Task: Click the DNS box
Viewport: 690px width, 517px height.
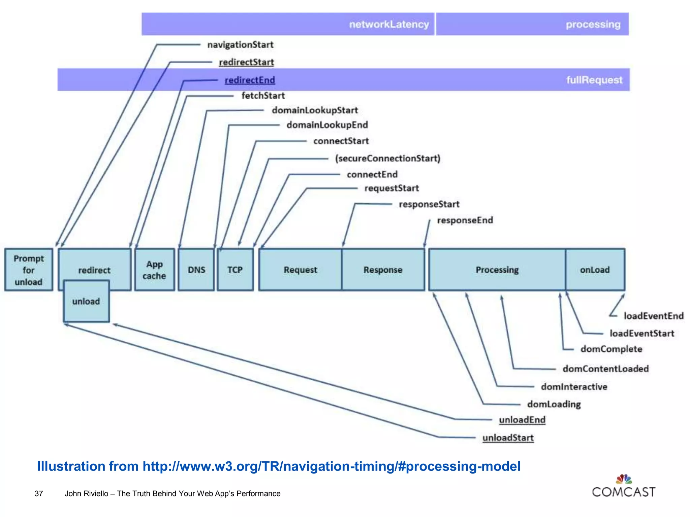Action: (x=196, y=270)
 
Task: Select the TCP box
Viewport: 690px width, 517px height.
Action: (x=235, y=270)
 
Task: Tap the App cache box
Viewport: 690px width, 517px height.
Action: (x=154, y=270)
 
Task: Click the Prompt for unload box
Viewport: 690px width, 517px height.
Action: (x=29, y=270)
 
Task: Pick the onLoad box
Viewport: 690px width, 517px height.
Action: (x=595, y=270)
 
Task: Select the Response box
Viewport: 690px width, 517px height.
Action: (x=383, y=270)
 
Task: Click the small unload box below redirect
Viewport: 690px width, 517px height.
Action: (x=86, y=301)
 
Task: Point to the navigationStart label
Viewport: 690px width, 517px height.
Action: (x=240, y=45)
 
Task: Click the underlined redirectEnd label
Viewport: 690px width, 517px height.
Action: (x=250, y=80)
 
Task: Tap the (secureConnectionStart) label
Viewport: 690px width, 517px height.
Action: (x=387, y=158)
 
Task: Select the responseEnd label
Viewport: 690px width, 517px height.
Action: (x=465, y=220)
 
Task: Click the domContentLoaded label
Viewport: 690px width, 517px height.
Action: (x=605, y=369)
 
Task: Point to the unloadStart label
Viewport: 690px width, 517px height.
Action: (x=508, y=438)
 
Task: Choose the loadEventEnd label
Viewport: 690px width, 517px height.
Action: (x=654, y=316)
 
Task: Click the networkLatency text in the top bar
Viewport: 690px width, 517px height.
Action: (x=389, y=24)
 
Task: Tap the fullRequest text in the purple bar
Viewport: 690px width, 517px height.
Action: (x=594, y=80)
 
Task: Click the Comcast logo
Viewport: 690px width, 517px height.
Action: (x=624, y=487)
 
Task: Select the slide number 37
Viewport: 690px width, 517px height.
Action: (x=39, y=493)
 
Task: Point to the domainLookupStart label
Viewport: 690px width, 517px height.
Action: (x=315, y=110)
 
